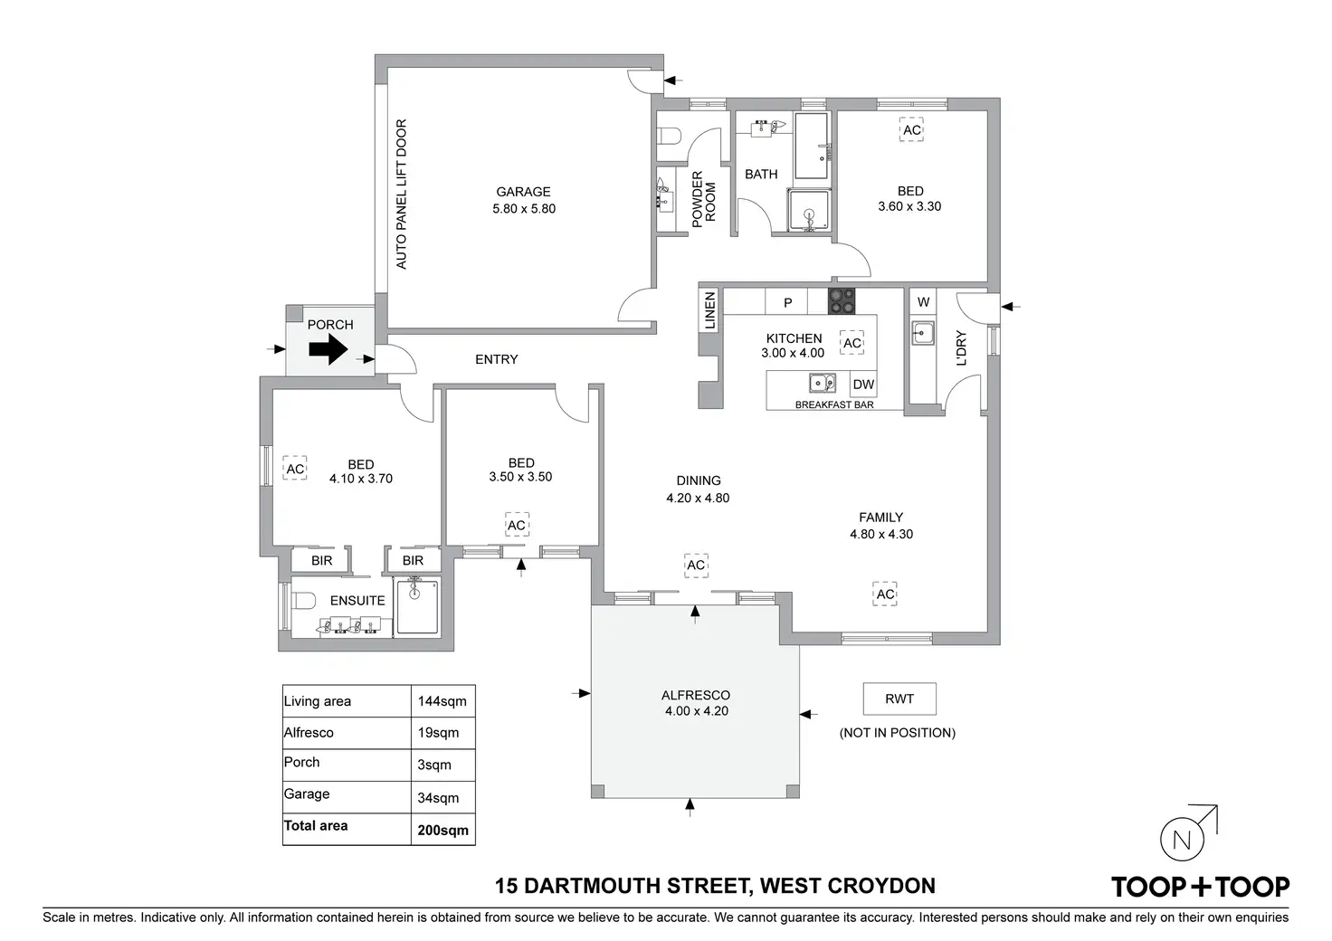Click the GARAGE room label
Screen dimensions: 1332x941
pyautogui.click(x=523, y=192)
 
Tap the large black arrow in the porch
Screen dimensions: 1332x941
pyautogui.click(x=328, y=348)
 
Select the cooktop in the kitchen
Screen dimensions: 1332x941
pyautogui.click(x=841, y=300)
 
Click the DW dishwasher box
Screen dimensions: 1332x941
pyautogui.click(x=863, y=384)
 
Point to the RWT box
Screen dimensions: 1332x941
pyautogui.click(x=899, y=699)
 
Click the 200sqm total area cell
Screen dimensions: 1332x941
pyautogui.click(x=442, y=830)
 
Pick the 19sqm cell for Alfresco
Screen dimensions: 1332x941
pyautogui.click(x=438, y=733)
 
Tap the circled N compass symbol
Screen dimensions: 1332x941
pyautogui.click(x=1181, y=840)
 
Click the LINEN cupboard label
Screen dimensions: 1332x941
pyautogui.click(x=710, y=310)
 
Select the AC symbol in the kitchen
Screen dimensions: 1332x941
pyautogui.click(x=852, y=343)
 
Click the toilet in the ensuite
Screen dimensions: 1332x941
pyautogui.click(x=301, y=600)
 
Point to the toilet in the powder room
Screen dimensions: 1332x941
pyautogui.click(x=669, y=137)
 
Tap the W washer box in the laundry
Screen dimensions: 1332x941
pyautogui.click(x=923, y=302)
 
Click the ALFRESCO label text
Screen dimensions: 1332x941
pyautogui.click(x=696, y=695)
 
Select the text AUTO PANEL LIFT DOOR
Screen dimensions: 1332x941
pyautogui.click(x=402, y=194)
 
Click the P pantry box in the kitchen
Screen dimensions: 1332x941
pyautogui.click(x=787, y=302)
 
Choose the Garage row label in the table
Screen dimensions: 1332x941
pyautogui.click(x=307, y=794)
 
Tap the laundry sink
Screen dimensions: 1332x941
pyautogui.click(x=922, y=333)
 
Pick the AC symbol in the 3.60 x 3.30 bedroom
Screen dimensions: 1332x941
pyautogui.click(x=911, y=130)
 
